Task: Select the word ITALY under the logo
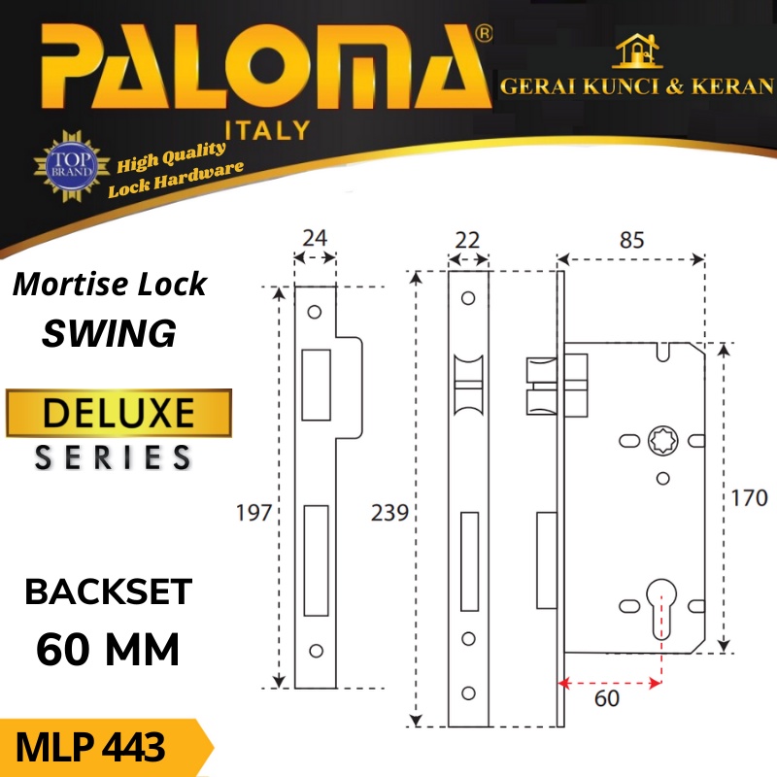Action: tap(267, 130)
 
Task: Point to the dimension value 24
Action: tap(315, 236)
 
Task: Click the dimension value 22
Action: tap(468, 237)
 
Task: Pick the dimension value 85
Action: tap(631, 239)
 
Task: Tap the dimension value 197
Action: tap(253, 512)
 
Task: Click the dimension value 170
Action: tap(749, 499)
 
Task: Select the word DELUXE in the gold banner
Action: tap(119, 413)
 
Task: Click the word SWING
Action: tap(109, 333)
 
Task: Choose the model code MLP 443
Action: tap(92, 749)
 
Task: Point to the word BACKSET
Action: tap(109, 591)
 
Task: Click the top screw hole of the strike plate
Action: tap(315, 313)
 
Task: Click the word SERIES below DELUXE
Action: tap(114, 456)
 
